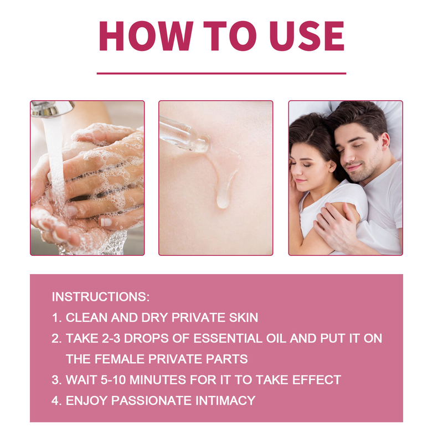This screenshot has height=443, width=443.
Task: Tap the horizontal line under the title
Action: [x=221, y=73]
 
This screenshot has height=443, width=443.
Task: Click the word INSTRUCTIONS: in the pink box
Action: [x=101, y=297]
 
